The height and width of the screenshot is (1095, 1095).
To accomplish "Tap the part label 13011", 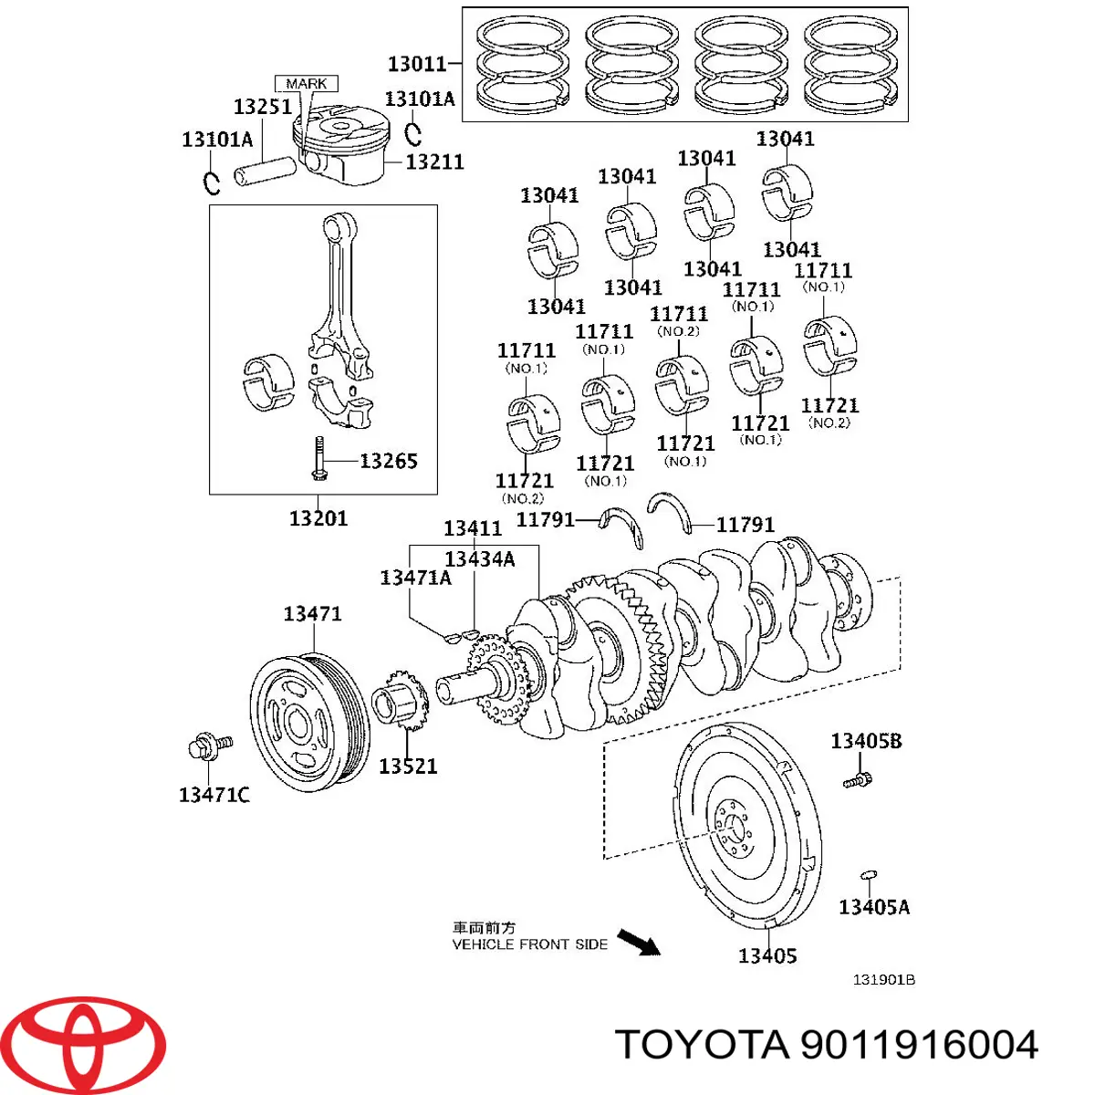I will click(417, 64).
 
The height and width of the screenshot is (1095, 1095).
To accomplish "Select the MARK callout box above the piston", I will click(307, 83).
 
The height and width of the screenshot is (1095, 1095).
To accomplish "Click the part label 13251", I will click(263, 107).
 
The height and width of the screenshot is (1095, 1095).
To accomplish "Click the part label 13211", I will click(434, 162).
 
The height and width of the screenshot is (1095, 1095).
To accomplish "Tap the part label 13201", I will click(318, 518).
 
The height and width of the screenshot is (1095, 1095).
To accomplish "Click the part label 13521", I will click(408, 766).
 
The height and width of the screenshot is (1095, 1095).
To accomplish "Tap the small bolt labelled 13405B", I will click(857, 780).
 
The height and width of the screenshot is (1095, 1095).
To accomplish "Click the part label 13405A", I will click(874, 907).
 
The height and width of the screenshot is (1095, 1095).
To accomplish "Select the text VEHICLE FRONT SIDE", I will click(530, 944).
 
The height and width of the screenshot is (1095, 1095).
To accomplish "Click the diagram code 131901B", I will click(883, 980).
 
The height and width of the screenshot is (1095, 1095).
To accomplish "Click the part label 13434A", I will click(480, 558).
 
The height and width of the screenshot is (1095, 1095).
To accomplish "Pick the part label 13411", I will click(473, 528).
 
